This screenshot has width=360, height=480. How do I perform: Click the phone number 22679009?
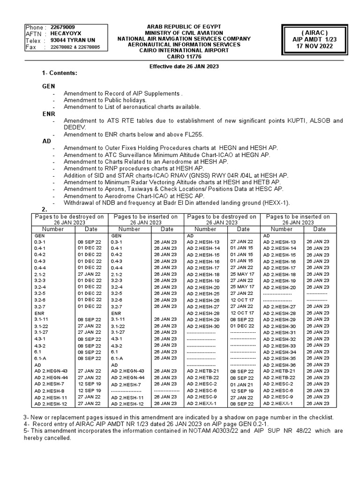click(62, 27)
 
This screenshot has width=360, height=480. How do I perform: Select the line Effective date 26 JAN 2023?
click(184, 67)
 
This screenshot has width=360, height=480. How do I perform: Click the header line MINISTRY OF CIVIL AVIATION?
click(184, 32)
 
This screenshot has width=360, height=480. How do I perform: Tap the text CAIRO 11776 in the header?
click(184, 57)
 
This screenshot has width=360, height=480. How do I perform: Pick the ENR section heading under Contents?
click(48, 113)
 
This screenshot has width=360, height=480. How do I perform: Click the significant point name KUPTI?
click(288, 121)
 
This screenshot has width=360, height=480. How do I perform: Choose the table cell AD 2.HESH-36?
click(279, 365)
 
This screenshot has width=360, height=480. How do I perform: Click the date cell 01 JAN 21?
click(241, 384)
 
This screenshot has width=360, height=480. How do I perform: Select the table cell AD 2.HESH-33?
click(279, 345)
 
